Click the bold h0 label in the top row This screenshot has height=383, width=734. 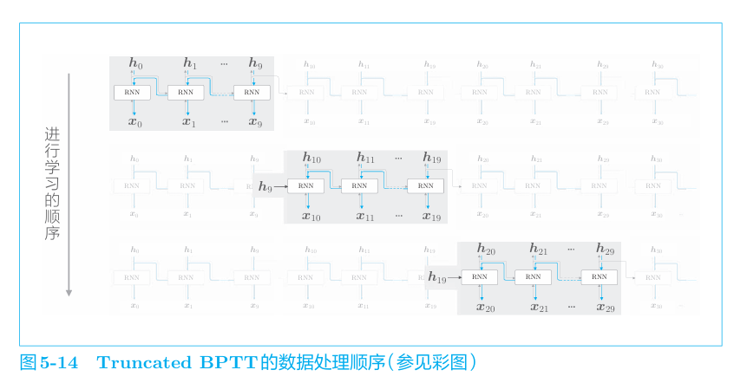tap(135, 63)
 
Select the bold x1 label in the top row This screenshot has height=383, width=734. tap(189, 122)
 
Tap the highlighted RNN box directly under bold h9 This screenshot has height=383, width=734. tap(251, 93)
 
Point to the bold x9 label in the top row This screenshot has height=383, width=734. tap(255, 122)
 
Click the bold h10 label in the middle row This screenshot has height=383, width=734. tap(311, 158)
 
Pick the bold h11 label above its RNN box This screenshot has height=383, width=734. tap(365, 158)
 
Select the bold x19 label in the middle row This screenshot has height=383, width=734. tap(431, 216)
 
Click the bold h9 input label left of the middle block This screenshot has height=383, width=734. tap(265, 186)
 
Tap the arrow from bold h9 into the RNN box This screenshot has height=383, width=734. tap(281, 186)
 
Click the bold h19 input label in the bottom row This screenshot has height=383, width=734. tap(437, 277)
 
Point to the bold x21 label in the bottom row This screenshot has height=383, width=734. tap(539, 308)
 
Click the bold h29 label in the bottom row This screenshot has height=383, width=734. tap(605, 250)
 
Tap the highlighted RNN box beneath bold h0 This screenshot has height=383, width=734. tap(132, 93)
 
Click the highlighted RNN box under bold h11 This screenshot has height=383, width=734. tap(359, 186)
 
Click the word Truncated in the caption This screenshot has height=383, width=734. tap(142, 362)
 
